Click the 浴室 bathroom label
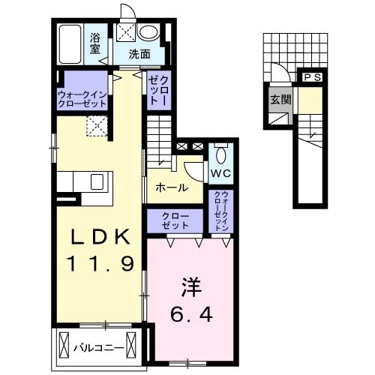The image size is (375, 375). [97, 44]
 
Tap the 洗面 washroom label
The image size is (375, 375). [138, 53]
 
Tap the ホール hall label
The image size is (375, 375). [171, 189]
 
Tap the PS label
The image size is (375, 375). [312, 76]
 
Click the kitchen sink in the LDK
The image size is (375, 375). [98, 181]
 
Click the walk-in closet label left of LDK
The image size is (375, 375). [83, 98]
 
